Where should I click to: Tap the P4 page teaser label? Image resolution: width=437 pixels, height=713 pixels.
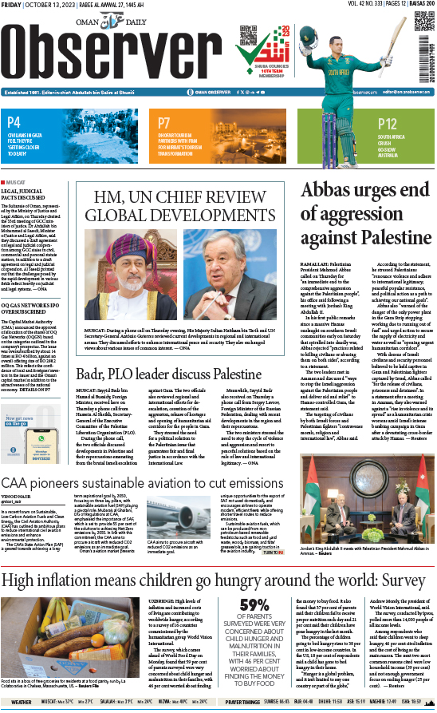click(x=14, y=123)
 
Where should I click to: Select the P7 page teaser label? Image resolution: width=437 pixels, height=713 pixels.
click(x=163, y=123)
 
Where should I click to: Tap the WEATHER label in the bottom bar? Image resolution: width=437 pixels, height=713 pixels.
click(x=22, y=702)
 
